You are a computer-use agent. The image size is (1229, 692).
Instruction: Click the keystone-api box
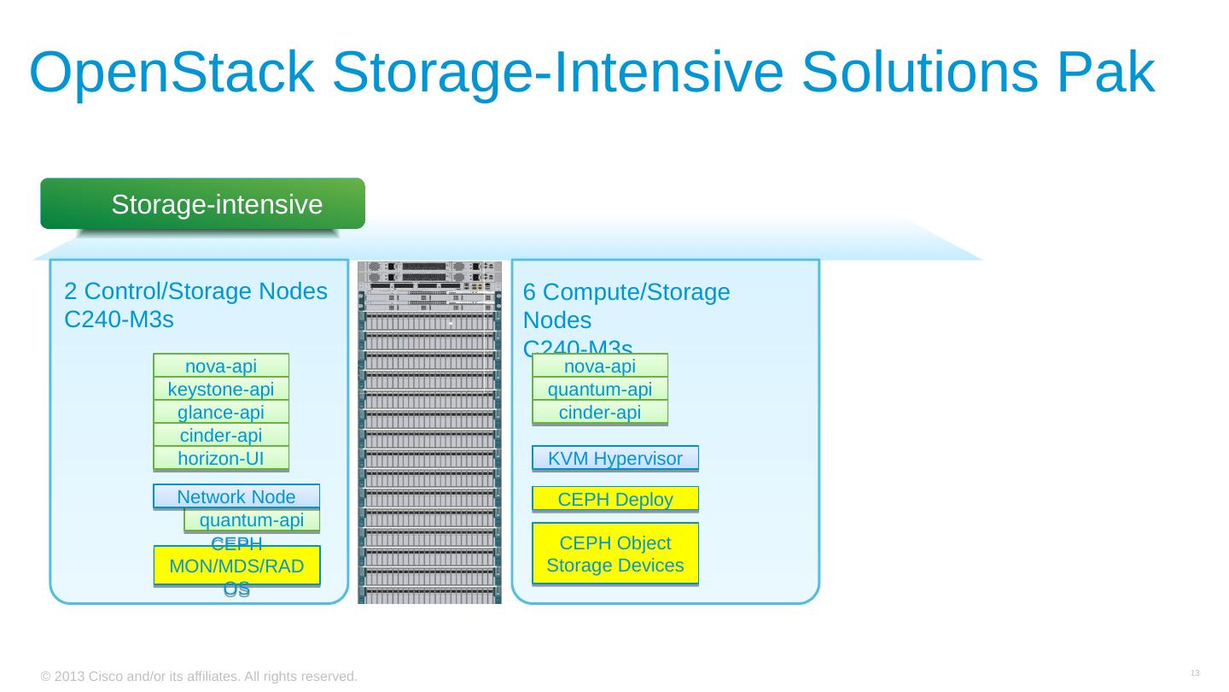click(x=221, y=390)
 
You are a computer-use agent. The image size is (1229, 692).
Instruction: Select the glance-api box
click(x=221, y=413)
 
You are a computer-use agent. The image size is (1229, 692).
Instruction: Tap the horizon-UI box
click(x=221, y=459)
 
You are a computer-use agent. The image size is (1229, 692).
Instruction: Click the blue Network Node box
click(x=236, y=496)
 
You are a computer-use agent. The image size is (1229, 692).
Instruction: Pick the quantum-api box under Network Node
click(x=252, y=520)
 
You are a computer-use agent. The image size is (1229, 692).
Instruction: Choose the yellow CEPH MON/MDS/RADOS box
click(x=236, y=566)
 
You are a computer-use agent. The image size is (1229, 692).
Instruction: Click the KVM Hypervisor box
click(x=614, y=459)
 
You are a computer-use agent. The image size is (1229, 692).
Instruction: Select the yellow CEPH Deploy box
click(x=614, y=499)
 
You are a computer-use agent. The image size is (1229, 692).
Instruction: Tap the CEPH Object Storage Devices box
click(x=614, y=554)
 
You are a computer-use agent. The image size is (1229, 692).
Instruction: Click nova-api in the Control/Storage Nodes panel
click(x=221, y=367)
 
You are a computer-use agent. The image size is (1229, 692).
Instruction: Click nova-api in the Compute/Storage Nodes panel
click(x=600, y=367)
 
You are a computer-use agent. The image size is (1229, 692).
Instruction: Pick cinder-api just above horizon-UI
click(x=221, y=436)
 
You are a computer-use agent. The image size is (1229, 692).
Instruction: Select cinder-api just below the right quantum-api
click(x=600, y=413)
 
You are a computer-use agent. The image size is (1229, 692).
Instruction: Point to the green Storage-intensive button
click(x=203, y=204)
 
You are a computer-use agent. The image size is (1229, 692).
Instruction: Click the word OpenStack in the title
click(x=171, y=73)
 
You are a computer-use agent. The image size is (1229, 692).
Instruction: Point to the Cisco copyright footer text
click(x=199, y=677)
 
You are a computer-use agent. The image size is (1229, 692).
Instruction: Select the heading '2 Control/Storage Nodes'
click(x=196, y=292)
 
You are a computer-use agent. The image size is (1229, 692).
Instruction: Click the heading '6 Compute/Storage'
click(x=626, y=293)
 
